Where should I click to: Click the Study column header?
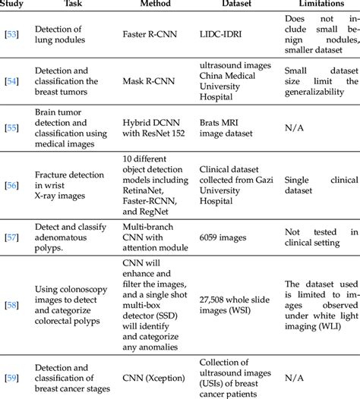point(13,4)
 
